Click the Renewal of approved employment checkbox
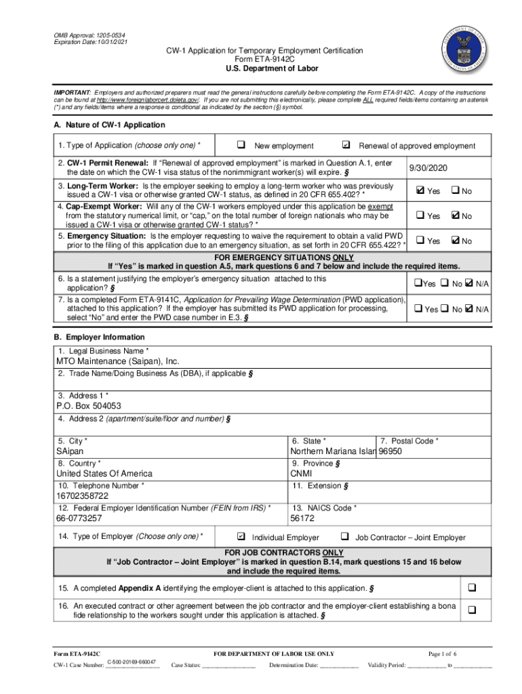(x=346, y=145)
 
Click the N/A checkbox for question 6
(x=469, y=283)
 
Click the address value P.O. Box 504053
(x=89, y=406)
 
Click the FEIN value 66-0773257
(x=79, y=518)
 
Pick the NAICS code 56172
(x=302, y=518)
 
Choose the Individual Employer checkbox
(x=241, y=537)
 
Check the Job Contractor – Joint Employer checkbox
(x=344, y=537)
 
